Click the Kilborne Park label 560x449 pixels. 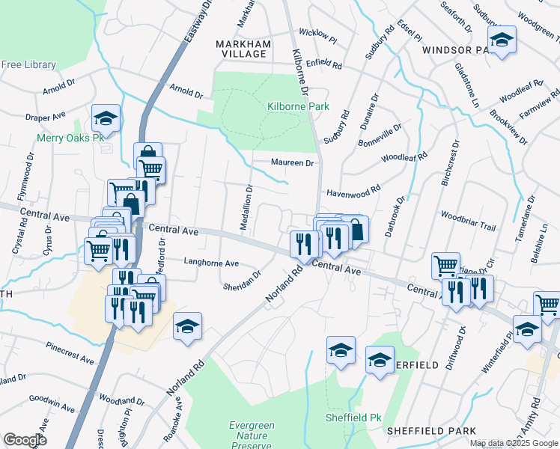pyautogui.click(x=298, y=107)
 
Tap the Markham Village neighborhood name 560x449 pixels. pyautogui.click(x=243, y=49)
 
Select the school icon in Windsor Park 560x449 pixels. pyautogui.click(x=503, y=40)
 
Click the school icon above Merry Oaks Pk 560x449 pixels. pyautogui.click(x=106, y=118)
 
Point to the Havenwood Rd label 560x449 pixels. pyautogui.click(x=354, y=191)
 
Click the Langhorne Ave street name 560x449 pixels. pyautogui.click(x=211, y=263)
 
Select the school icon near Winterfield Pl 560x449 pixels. pyautogui.click(x=527, y=329)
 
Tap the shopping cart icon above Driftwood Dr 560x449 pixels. pyautogui.click(x=446, y=266)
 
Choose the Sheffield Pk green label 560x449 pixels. pyautogui.click(x=353, y=417)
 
